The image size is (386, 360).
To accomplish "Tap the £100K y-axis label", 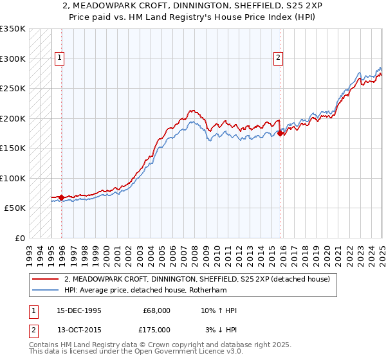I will point(13,178).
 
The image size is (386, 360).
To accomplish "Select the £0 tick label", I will point(19,238).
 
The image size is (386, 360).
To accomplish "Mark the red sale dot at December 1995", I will point(61,197).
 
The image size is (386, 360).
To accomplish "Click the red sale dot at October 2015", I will point(280,134).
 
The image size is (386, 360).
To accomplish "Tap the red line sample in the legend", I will point(46,279).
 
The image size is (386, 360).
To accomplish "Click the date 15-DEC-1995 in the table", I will point(78,311).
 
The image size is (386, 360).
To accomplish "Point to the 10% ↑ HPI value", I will point(219,311).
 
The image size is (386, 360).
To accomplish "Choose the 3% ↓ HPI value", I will point(219,329).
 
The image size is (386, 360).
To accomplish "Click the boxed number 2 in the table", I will point(32,329).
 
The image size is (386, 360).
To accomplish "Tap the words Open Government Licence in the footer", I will point(184,353).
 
